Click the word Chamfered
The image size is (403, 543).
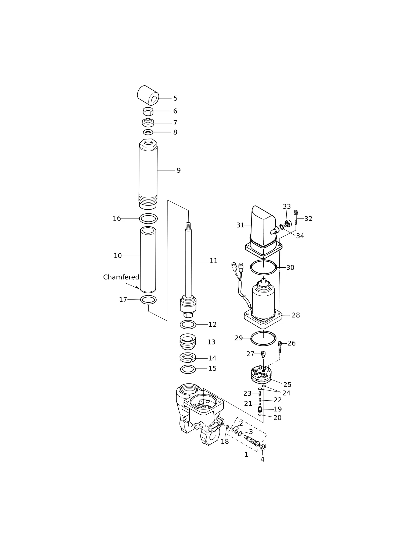point(121,277)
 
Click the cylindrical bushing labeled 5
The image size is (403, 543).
point(148,96)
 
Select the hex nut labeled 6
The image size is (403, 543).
point(148,111)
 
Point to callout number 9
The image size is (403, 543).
point(179,170)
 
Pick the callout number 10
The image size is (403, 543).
point(118,256)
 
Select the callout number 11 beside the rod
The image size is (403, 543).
point(214,261)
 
